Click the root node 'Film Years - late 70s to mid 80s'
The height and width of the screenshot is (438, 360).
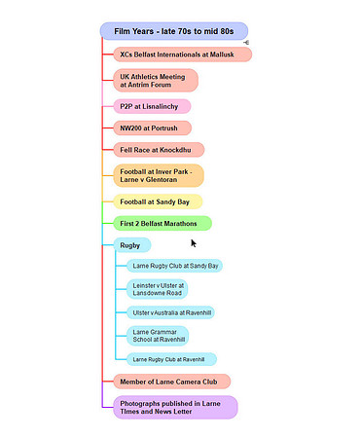click(x=174, y=31)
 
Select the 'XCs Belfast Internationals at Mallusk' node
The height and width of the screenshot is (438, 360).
click(x=183, y=55)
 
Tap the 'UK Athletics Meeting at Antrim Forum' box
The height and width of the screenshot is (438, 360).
click(x=156, y=81)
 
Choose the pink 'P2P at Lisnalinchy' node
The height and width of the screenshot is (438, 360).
click(x=152, y=106)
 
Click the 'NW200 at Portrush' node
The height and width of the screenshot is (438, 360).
click(x=153, y=128)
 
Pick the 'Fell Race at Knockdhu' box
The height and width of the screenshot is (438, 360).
click(x=159, y=150)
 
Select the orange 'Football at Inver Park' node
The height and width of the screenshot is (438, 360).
click(x=159, y=175)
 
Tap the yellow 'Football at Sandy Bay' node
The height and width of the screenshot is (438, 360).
click(x=158, y=201)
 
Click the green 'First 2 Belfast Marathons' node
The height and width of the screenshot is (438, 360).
click(x=162, y=224)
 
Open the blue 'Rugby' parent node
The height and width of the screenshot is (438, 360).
click(x=132, y=245)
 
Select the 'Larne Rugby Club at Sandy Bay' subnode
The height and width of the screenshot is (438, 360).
click(x=174, y=266)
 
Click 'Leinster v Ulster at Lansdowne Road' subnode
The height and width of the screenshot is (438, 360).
click(x=157, y=289)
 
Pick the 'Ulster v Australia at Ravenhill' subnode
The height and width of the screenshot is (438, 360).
click(x=170, y=312)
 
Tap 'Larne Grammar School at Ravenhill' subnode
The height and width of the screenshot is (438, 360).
click(x=158, y=336)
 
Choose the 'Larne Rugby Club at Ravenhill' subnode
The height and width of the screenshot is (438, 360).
click(x=171, y=359)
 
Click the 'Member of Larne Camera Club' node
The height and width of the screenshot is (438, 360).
click(x=172, y=382)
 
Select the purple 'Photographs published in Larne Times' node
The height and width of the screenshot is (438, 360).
click(x=175, y=408)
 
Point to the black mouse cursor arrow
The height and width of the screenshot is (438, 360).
click(x=194, y=243)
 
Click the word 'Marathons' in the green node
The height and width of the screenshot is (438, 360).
click(x=180, y=224)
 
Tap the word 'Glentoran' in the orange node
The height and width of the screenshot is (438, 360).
click(x=162, y=180)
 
